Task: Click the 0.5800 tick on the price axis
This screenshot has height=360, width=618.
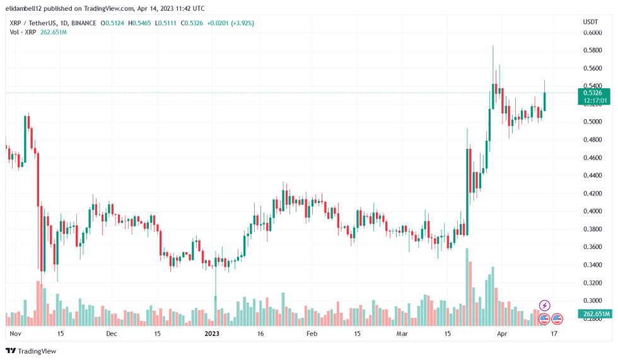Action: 592,50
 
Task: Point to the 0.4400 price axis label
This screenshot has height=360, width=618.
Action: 592,176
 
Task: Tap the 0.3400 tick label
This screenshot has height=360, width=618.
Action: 592,265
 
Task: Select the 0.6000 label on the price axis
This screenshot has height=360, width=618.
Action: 592,32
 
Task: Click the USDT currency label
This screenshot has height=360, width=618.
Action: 590,21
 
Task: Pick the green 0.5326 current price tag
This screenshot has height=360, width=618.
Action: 594,93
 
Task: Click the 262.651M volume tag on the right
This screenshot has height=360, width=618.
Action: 594,314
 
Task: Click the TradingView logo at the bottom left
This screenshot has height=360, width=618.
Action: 32,351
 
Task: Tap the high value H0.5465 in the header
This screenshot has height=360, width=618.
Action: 139,23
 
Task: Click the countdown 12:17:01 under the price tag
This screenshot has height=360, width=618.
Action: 594,100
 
